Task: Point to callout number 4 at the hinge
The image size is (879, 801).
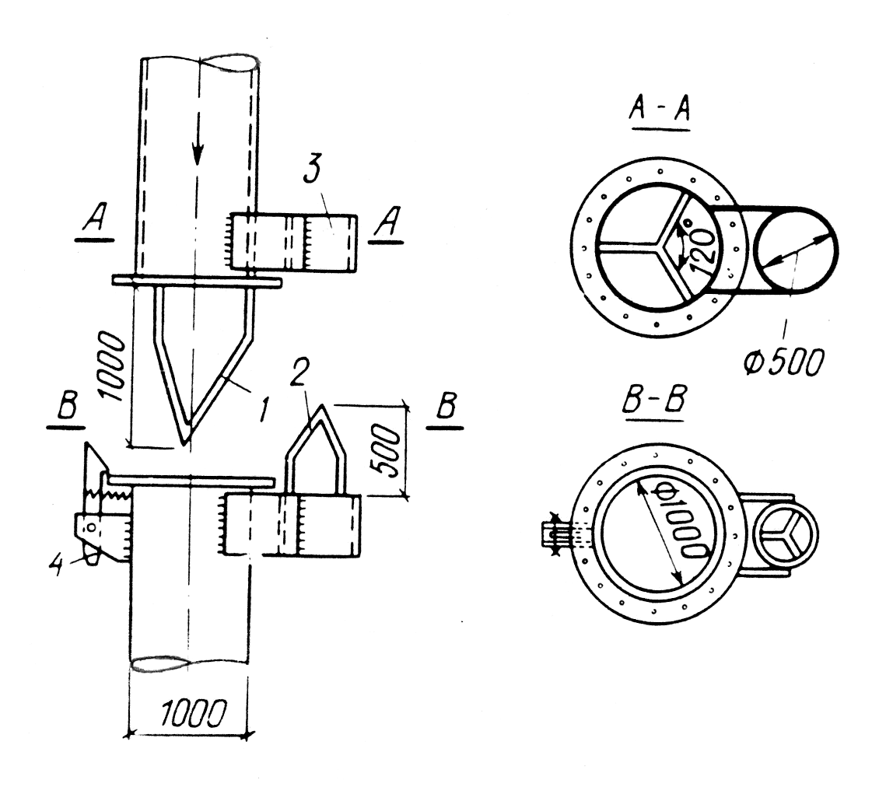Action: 55,563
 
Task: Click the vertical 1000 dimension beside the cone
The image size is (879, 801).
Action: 110,366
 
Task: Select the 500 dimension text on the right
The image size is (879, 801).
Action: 387,451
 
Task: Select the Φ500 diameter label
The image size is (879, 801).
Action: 783,362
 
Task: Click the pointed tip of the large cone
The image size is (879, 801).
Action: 185,445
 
